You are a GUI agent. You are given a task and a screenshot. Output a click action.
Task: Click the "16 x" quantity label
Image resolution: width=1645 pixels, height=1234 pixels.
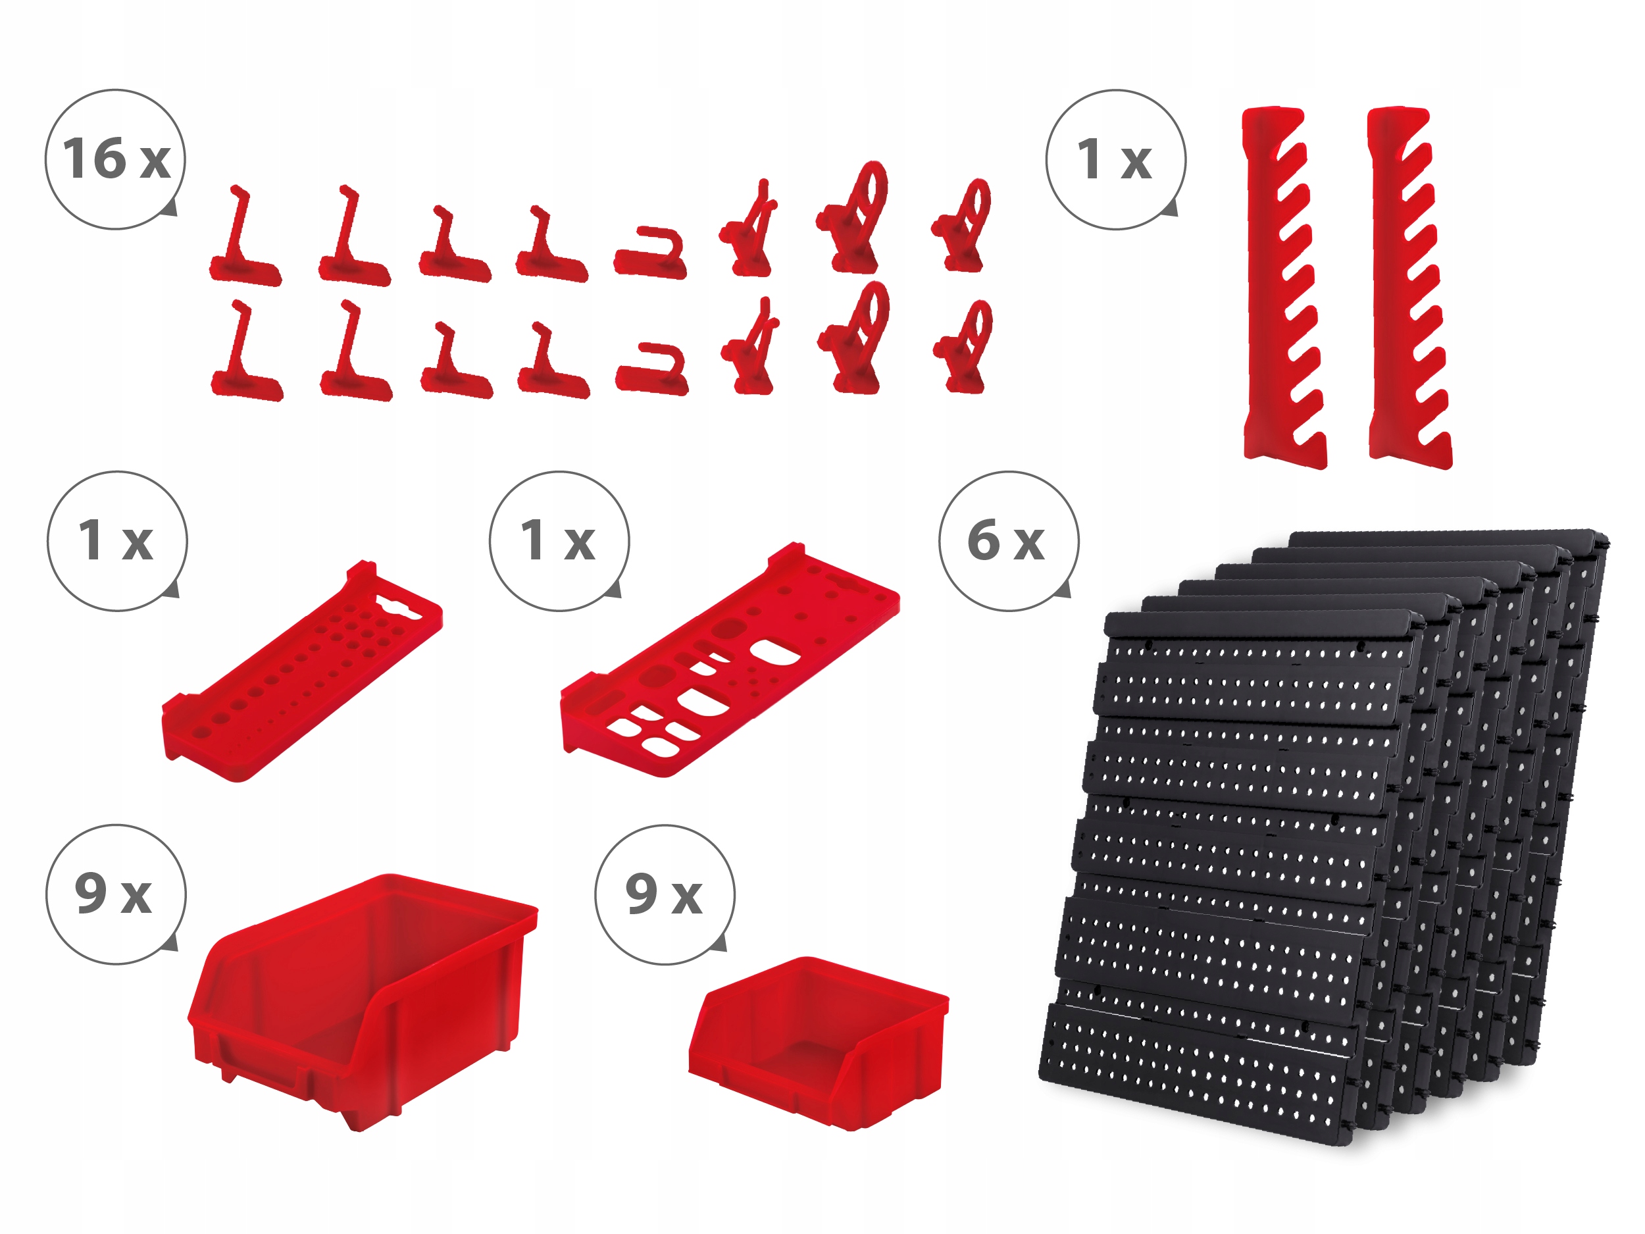click(x=116, y=159)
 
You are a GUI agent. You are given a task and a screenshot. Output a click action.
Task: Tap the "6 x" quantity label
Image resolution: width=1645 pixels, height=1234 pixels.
click(x=1006, y=541)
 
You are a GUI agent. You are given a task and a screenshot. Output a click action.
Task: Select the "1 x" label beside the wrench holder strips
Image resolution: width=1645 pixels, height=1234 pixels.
click(x=1114, y=159)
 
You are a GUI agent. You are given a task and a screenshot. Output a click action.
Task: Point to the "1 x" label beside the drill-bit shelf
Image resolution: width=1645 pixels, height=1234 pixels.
click(x=116, y=541)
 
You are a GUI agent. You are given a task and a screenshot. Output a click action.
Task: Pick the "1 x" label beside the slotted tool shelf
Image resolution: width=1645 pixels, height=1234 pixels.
click(x=558, y=541)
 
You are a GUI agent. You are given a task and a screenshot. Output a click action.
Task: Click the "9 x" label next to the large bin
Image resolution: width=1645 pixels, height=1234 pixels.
click(x=114, y=893)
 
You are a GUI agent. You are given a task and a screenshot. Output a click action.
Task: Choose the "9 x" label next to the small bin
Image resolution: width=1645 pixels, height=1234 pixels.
click(x=664, y=893)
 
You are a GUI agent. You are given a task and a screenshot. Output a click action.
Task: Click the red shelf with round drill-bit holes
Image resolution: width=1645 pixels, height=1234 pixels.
click(x=301, y=673)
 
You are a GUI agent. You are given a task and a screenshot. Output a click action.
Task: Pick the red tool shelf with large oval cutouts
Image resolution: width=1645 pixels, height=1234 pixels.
click(x=729, y=662)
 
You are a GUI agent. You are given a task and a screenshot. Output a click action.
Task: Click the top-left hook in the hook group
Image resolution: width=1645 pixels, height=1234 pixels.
click(x=245, y=238)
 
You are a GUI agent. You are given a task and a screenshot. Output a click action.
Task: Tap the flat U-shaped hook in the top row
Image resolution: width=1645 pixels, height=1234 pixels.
click(x=650, y=255)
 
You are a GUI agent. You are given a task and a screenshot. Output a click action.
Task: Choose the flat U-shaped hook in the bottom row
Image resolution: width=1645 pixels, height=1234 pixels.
click(x=651, y=370)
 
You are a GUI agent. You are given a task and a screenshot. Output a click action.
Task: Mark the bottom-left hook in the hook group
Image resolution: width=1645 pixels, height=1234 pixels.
click(x=246, y=353)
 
